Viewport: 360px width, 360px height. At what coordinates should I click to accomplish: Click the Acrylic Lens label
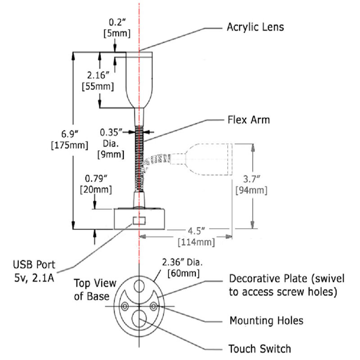(255, 27)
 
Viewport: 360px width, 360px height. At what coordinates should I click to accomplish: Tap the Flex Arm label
(248, 120)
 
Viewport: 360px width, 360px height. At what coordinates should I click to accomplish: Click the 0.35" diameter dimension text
(111, 133)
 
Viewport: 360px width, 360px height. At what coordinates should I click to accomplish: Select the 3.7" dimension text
(250, 179)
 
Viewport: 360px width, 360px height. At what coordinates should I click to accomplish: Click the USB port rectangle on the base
(139, 221)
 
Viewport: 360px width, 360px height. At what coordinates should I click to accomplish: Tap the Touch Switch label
(260, 348)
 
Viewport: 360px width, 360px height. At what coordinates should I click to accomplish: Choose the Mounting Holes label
(266, 321)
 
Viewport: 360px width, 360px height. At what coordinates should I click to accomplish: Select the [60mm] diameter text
(183, 273)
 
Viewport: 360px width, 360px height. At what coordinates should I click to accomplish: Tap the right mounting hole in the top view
(155, 306)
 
